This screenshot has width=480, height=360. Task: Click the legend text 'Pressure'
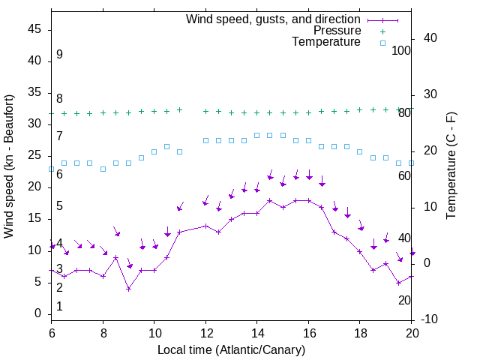click(337, 31)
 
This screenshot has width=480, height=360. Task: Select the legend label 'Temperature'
click(326, 42)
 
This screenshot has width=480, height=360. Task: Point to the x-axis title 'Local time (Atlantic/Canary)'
click(231, 349)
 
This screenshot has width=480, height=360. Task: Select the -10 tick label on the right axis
click(430, 319)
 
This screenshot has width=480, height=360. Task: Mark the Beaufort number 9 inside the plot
click(59, 55)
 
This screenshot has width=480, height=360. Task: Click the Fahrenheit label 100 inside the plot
click(401, 51)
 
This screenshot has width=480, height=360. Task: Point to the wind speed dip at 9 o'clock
click(128, 289)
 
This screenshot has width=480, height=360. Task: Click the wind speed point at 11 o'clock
click(180, 232)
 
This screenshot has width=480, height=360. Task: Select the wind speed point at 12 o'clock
click(205, 226)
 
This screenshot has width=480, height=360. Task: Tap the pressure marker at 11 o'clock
click(180, 109)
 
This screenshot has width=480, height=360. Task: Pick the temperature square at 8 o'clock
click(103, 169)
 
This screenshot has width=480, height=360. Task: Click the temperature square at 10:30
click(166, 146)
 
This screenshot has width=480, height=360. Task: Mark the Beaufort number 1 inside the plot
click(59, 307)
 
